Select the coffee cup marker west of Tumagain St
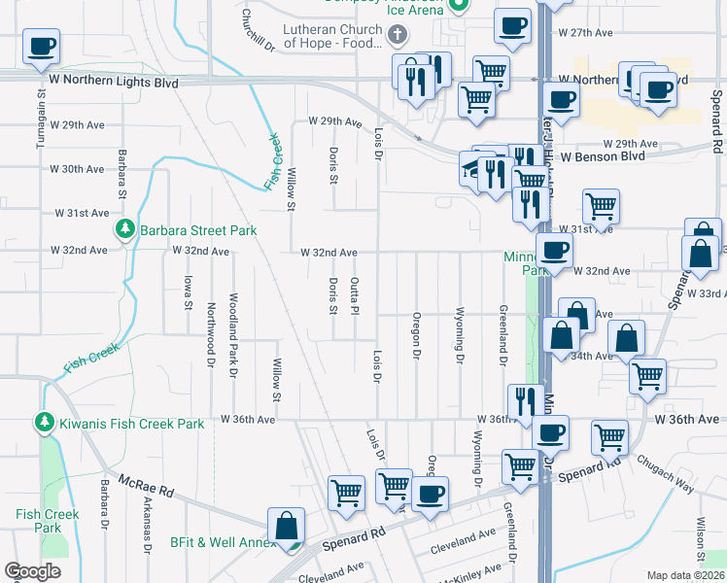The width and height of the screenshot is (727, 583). coord(41,46)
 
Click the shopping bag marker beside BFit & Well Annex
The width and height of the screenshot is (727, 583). coord(287,526)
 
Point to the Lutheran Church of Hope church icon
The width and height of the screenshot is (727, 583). coord(396,36)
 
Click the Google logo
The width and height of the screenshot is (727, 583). coord(32,571)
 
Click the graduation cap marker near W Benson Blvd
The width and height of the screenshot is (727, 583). coord(473,169)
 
